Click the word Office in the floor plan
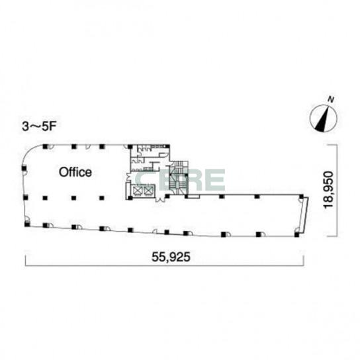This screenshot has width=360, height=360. (x=75, y=172)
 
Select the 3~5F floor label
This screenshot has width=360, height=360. (x=39, y=126)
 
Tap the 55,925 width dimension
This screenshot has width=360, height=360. (x=171, y=257)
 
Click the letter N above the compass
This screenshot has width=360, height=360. (x=331, y=100)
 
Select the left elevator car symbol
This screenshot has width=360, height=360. (x=138, y=191)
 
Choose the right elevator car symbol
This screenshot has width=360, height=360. (x=148, y=191)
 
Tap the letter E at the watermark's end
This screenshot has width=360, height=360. (x=214, y=179)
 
